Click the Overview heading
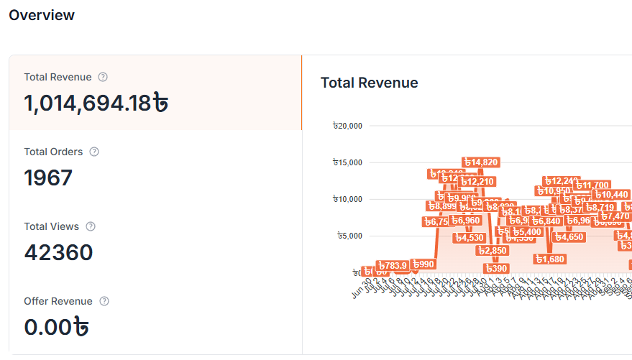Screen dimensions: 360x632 (x=42, y=15)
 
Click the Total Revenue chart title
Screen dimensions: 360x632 (x=369, y=83)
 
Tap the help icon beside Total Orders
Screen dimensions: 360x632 (x=94, y=152)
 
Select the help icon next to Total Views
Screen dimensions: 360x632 (x=91, y=226)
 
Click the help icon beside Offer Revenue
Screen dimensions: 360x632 (x=104, y=301)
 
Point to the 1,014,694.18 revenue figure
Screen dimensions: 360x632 (x=97, y=103)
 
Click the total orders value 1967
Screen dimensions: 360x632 (x=49, y=177)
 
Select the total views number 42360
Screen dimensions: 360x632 (x=59, y=252)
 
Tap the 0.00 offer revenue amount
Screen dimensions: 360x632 (x=57, y=327)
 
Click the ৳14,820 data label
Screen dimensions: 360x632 (x=480, y=162)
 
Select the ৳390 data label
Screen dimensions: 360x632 (x=496, y=268)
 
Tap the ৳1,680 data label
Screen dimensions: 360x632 (x=550, y=259)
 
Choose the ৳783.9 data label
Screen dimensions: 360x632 (x=393, y=265)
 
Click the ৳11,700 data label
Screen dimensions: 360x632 (x=592, y=185)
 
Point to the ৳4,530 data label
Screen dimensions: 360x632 (x=470, y=237)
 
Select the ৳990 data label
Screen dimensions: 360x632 (x=423, y=264)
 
